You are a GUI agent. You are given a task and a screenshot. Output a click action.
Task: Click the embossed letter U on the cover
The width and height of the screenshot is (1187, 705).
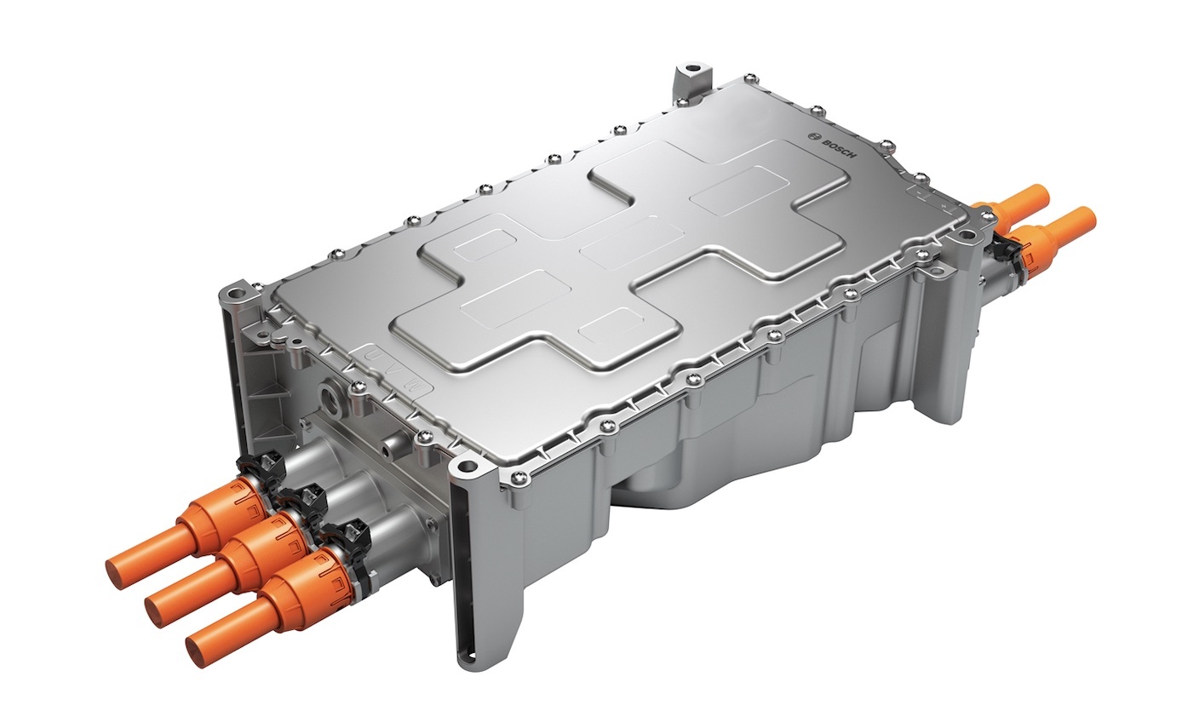point(374,353)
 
